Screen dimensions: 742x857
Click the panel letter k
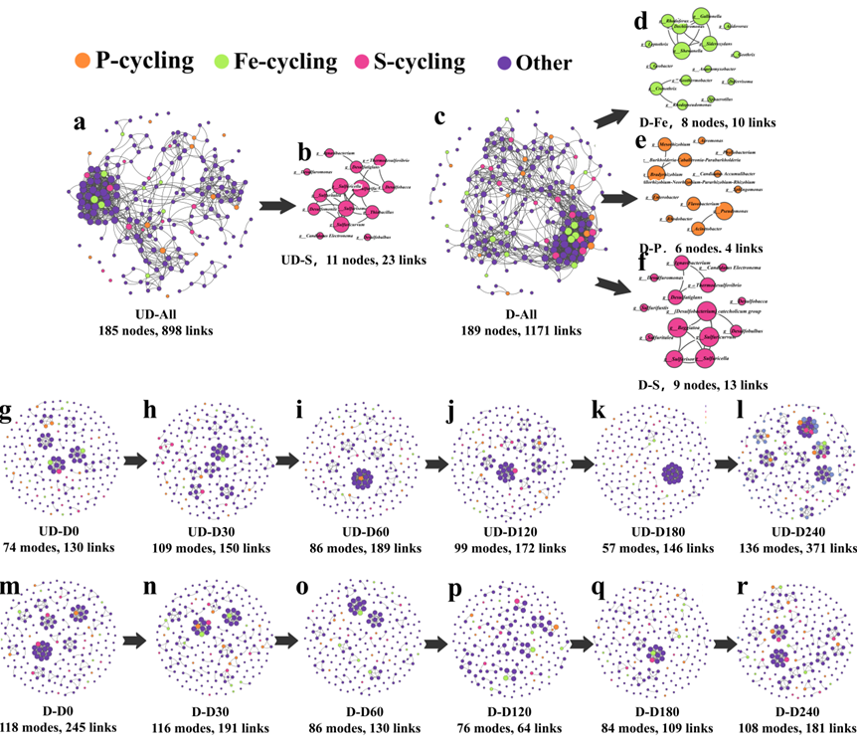(x=600, y=410)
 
